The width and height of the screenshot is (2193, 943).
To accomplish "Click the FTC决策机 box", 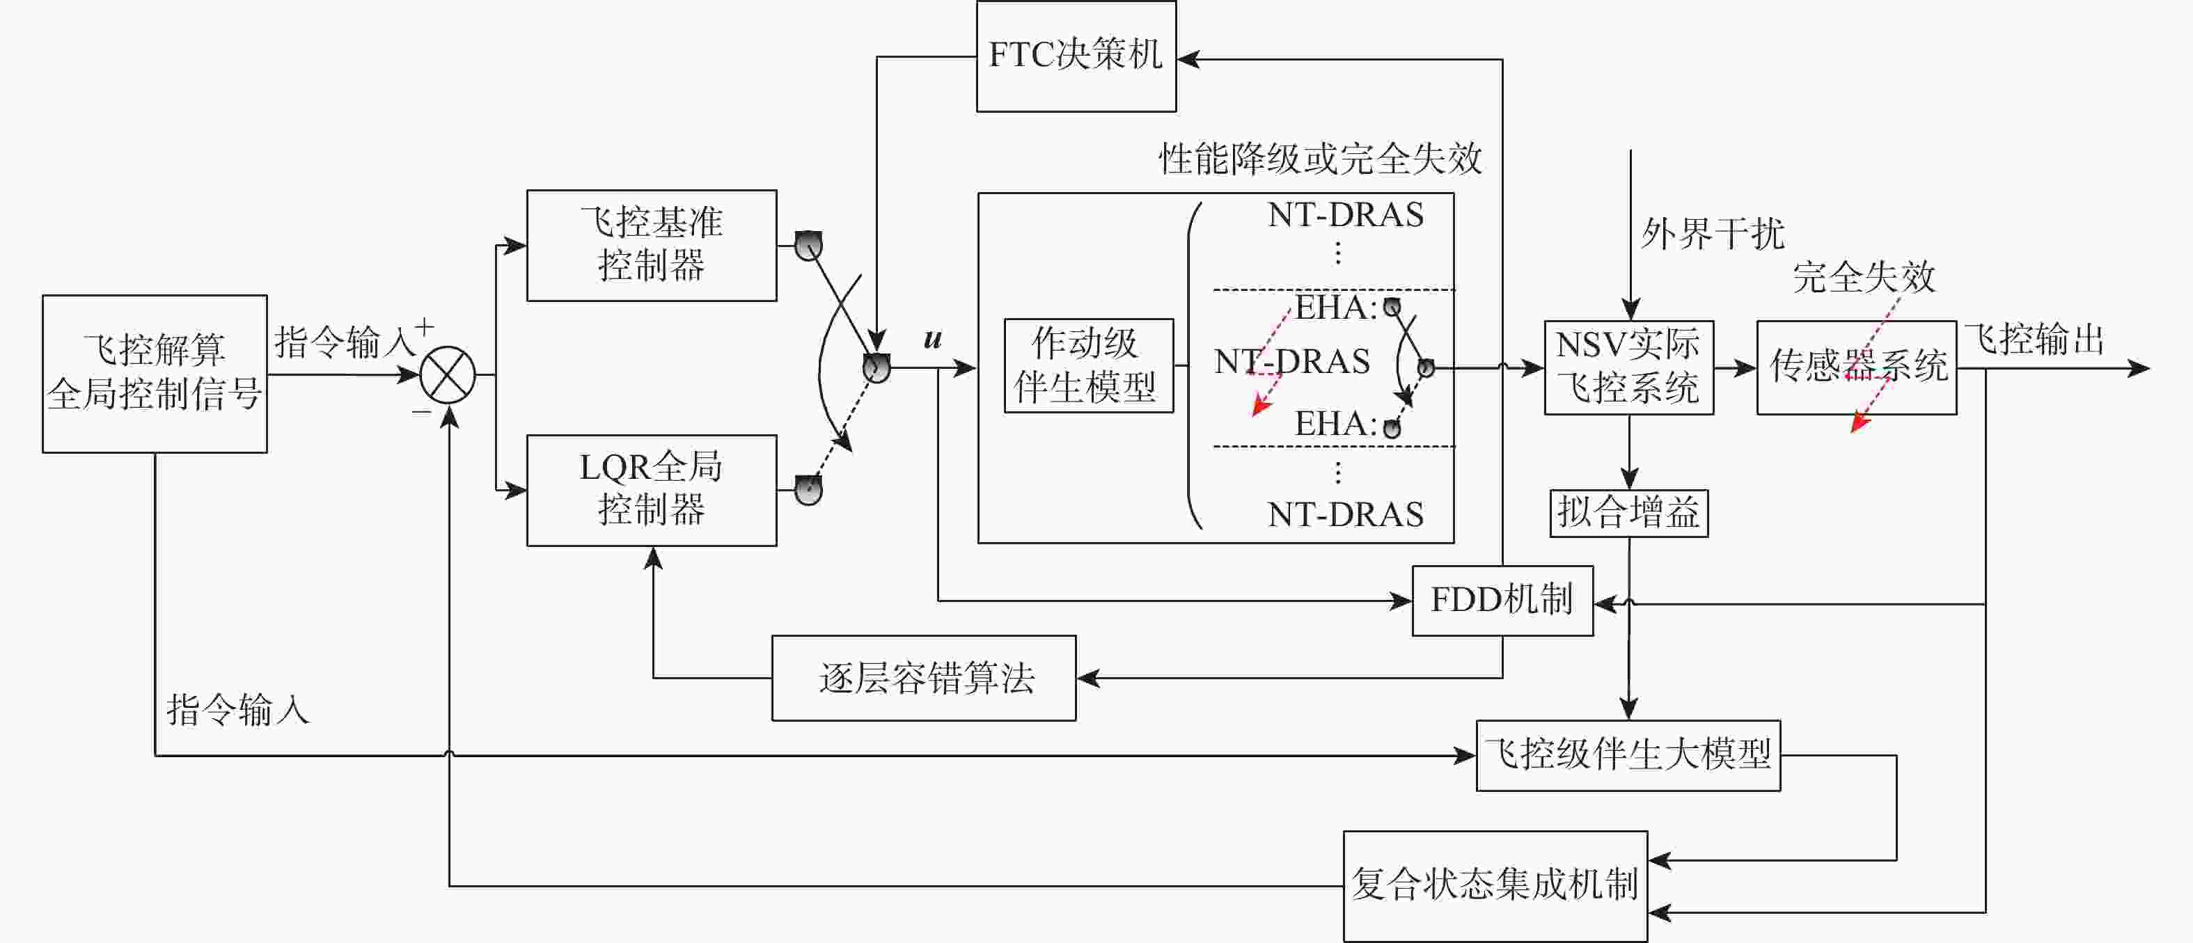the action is tap(1076, 56).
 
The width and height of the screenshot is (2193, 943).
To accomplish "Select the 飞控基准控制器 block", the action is tap(651, 245).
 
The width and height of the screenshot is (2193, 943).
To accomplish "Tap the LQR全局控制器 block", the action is tap(651, 490).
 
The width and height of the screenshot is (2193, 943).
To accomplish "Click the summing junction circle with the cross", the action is tap(448, 374).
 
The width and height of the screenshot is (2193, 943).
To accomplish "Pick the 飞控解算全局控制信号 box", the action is tap(155, 374).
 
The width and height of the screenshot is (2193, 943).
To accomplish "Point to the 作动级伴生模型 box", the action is tap(1089, 366).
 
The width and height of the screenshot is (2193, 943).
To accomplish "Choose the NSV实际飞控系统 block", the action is tap(1628, 367).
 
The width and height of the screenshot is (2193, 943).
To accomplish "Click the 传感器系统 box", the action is tap(1857, 367).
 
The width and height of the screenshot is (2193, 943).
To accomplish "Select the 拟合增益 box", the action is tap(1628, 513).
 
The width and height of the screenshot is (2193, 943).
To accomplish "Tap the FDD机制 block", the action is tap(1502, 601).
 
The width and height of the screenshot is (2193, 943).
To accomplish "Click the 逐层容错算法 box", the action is tap(924, 679).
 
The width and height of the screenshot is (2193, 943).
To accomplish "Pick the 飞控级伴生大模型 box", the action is tap(1628, 756).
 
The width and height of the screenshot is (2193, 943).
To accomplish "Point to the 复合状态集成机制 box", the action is tap(1496, 886).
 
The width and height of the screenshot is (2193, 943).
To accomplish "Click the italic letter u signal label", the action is tap(933, 339).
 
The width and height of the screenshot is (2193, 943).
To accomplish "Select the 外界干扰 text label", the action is tap(1713, 233).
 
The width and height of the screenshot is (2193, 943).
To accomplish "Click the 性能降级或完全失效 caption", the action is tap(1321, 158).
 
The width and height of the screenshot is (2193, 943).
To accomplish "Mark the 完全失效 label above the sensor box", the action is tap(1864, 276).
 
